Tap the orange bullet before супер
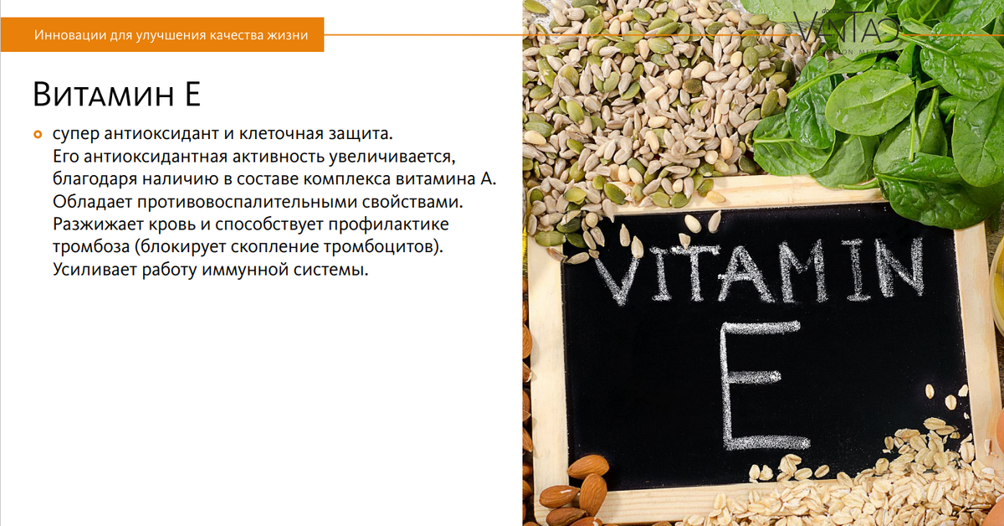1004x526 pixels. point(37,133)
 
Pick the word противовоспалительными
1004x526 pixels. point(249,202)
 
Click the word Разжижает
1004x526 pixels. point(94,224)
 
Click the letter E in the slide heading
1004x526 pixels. point(191,94)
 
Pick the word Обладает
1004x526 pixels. point(88,202)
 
